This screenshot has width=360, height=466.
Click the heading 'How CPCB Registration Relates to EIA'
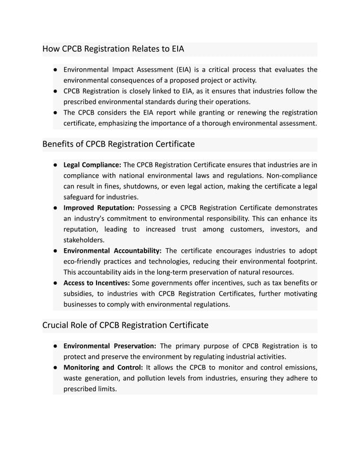[x=113, y=49]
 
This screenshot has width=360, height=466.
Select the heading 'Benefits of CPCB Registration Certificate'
[x=118, y=144]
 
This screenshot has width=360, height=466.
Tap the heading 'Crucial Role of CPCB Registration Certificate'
[x=125, y=325]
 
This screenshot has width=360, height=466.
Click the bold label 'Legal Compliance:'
[x=93, y=165]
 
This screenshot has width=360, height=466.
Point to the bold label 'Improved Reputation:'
[x=99, y=208]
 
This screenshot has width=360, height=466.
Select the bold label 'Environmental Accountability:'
[x=113, y=250]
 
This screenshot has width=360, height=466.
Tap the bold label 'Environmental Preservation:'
[x=109, y=346]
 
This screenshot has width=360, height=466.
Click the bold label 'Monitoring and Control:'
[x=102, y=367]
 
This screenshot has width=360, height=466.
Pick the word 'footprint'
[x=298, y=261]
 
